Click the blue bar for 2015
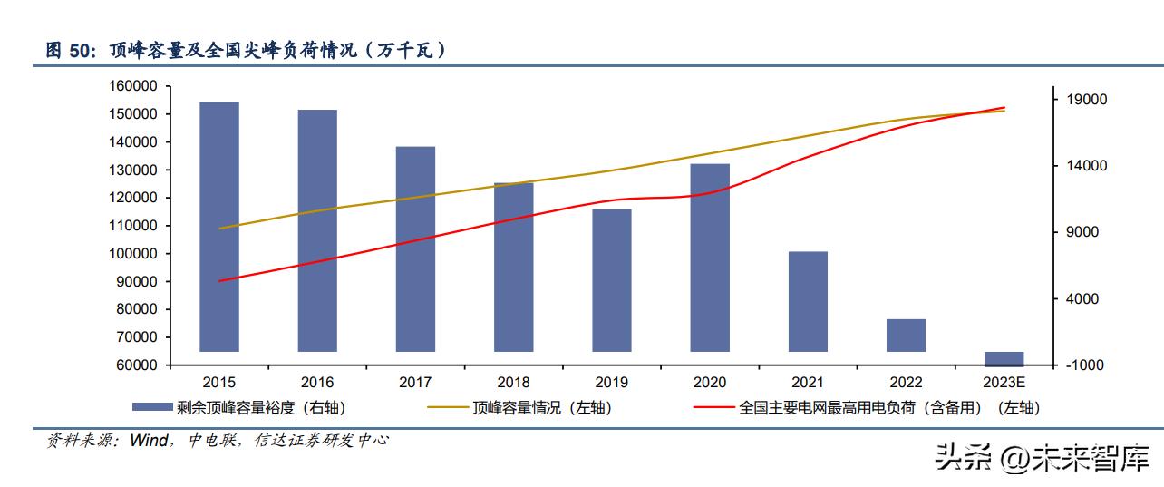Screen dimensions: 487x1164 [x=219, y=227]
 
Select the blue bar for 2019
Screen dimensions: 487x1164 [x=612, y=280]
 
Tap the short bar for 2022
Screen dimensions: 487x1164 [x=906, y=335]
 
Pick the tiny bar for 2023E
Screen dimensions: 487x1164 [x=1004, y=357]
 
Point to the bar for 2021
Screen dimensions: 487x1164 [x=808, y=301]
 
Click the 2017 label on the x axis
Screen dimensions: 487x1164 [x=415, y=382]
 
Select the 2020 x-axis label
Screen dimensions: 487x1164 [x=710, y=382]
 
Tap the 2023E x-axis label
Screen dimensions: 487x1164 [x=1004, y=382]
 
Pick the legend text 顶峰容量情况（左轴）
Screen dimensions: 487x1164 [x=542, y=408]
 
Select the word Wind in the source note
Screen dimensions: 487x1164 [x=150, y=441]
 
